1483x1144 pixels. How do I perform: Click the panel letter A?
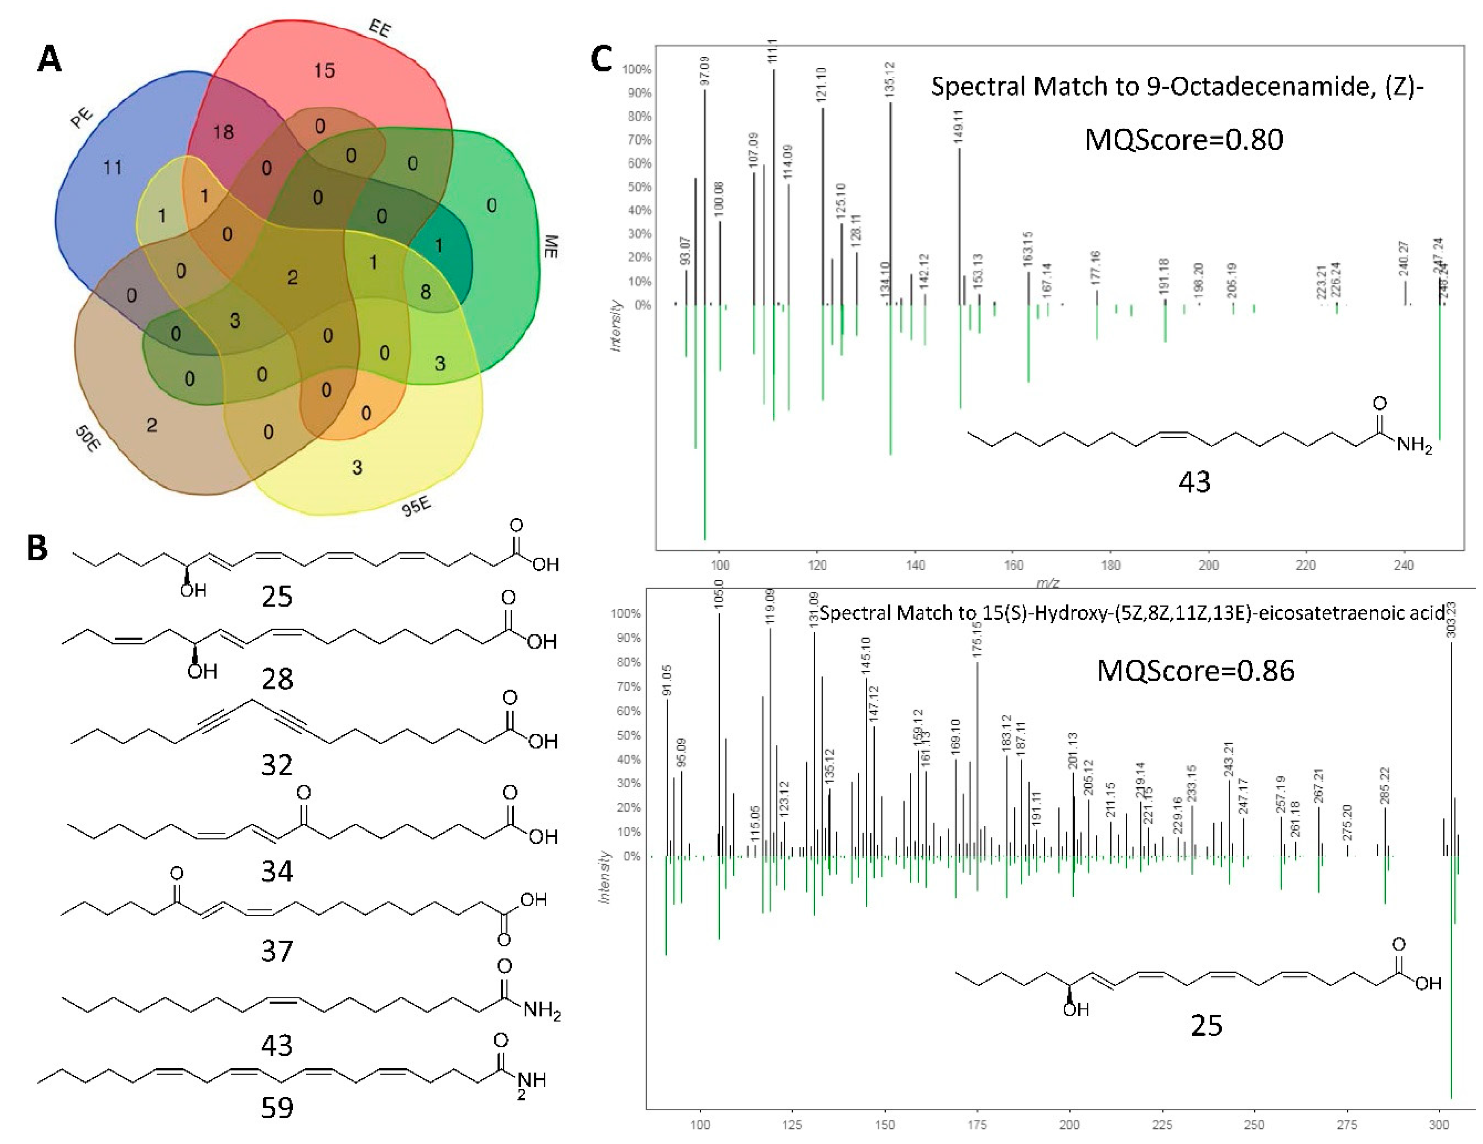click(49, 59)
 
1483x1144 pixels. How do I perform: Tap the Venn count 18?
click(223, 132)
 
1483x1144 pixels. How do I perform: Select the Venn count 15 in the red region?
click(324, 70)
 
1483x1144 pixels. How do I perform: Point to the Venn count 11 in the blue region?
click(113, 167)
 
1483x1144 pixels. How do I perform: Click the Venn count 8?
click(425, 292)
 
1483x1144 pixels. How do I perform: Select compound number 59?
click(277, 1108)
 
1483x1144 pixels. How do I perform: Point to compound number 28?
click(277, 679)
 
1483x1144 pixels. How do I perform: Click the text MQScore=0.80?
click(1184, 140)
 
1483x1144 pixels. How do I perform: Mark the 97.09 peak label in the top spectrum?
click(704, 71)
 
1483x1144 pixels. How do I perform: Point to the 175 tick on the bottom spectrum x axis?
click(977, 1125)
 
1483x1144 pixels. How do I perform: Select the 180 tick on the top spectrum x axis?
click(1110, 565)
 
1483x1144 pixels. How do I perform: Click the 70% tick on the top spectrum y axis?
click(637, 140)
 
